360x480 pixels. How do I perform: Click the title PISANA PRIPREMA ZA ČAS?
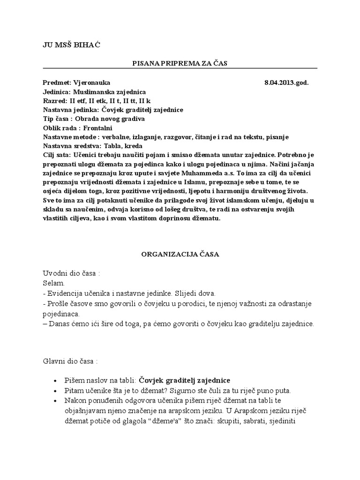pyautogui.click(x=180, y=63)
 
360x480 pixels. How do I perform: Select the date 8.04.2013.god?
pyautogui.click(x=286, y=83)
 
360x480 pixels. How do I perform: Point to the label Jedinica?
pyautogui.click(x=57, y=92)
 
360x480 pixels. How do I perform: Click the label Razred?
pyautogui.click(x=54, y=101)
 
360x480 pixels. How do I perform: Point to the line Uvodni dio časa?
pyautogui.click(x=71, y=274)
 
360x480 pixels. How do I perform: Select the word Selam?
pyautogui.click(x=52, y=284)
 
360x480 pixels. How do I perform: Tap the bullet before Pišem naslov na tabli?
pyautogui.click(x=56, y=380)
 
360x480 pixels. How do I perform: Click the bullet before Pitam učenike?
pyautogui.click(x=56, y=390)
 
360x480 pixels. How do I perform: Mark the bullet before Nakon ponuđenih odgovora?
pyautogui.click(x=56, y=400)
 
